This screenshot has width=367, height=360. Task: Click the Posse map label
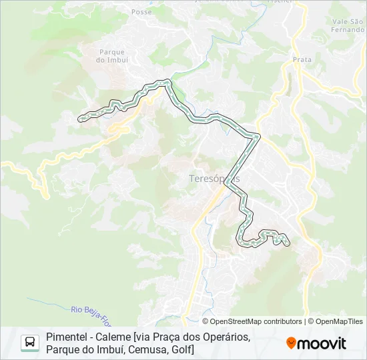[x=141, y=12]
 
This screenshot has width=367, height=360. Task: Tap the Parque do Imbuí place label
[x=112, y=55]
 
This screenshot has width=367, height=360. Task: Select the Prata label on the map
[x=302, y=59]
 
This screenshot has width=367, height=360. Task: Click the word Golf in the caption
[x=181, y=349]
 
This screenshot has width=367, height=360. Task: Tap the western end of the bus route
[x=81, y=119]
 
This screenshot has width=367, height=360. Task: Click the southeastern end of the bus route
[x=288, y=245]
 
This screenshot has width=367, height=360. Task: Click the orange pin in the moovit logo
[x=291, y=343]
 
